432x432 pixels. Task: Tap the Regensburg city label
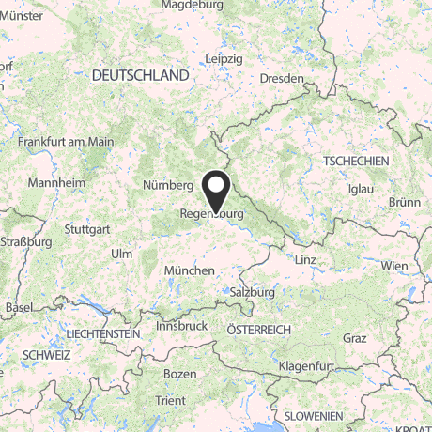(211, 214)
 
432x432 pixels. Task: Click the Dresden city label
(283, 78)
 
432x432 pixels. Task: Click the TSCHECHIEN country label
(354, 162)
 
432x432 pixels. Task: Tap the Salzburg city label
(251, 292)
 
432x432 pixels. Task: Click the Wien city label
(393, 267)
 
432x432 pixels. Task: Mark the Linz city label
(306, 259)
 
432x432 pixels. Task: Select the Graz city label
(354, 337)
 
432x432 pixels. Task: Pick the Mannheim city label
(52, 182)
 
